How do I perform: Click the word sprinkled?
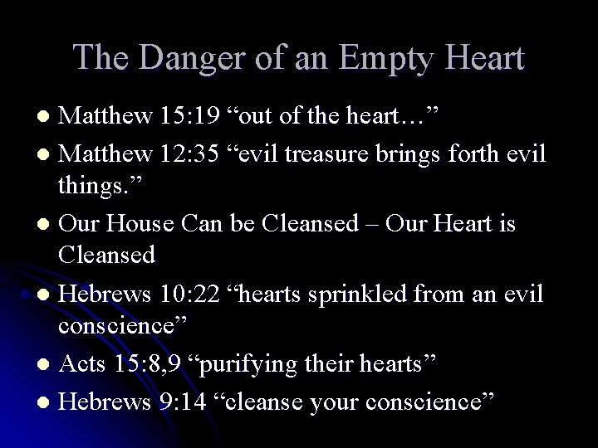click(x=375, y=295)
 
